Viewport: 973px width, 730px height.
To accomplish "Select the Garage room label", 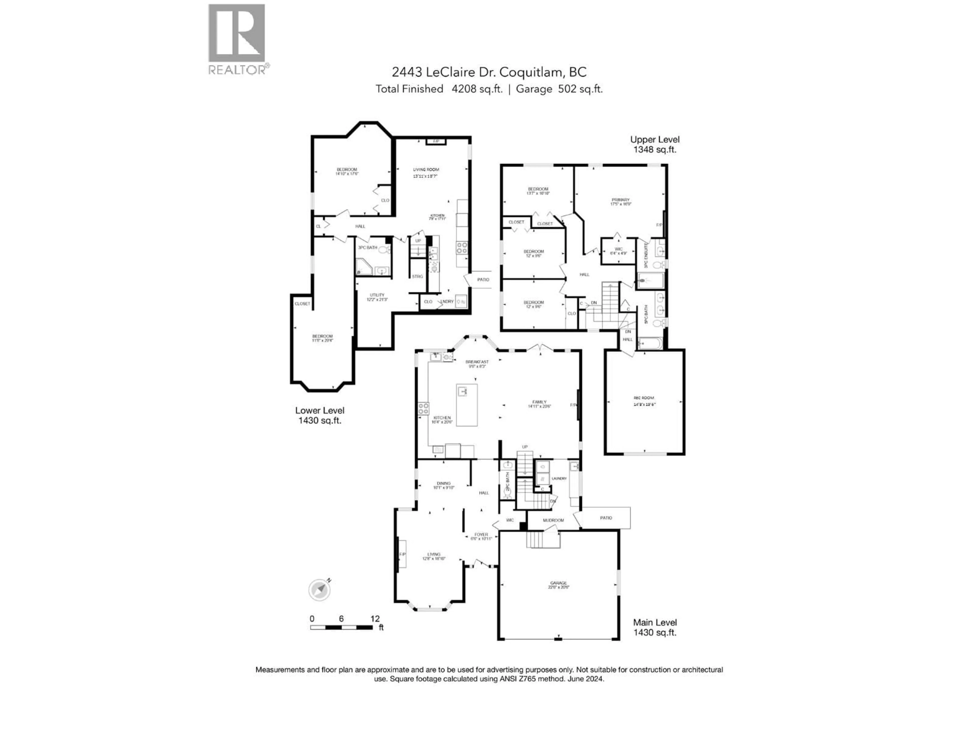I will pos(559,584).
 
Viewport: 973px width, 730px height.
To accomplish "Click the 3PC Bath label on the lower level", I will pos(367,248).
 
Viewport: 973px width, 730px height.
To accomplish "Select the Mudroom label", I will pos(553,520).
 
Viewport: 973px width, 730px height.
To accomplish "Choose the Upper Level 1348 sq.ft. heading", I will pos(654,144).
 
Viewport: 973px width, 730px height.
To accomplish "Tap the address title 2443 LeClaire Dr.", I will pos(489,72).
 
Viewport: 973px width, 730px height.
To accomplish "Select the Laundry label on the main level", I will pos(559,478).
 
